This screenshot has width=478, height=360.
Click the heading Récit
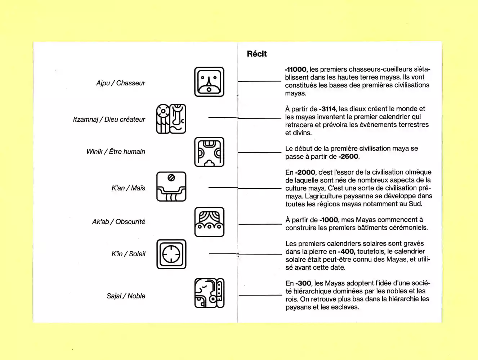coord(257,54)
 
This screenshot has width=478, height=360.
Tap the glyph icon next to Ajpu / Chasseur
coord(209,82)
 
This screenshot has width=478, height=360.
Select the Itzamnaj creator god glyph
coord(171,119)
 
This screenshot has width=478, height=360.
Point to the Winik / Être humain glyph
coord(209,152)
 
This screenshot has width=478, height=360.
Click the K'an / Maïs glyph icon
coord(171,186)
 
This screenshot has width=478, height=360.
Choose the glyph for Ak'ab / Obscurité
coord(209,222)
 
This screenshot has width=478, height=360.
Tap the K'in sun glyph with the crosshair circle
coord(171,254)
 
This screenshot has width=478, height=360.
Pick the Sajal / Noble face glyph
coord(209,293)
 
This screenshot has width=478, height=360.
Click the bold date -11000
coord(296,69)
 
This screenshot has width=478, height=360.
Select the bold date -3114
coord(327,109)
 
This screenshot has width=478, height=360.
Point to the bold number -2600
coord(348,157)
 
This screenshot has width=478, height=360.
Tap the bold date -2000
coord(305,172)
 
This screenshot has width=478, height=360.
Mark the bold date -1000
coord(329,220)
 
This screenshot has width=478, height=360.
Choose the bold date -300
coord(303,283)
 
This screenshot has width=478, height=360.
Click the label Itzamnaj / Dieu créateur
coord(109,120)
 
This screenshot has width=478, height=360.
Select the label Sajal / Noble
coord(126,296)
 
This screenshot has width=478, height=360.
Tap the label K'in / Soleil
coord(128,254)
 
